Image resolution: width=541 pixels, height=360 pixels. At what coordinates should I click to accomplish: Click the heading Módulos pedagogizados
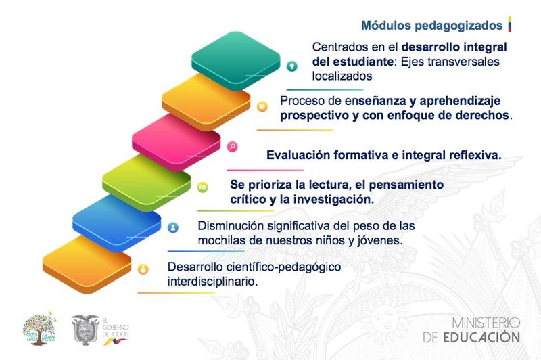(431, 26)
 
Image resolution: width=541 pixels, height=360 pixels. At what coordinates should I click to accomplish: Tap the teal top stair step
(236, 61)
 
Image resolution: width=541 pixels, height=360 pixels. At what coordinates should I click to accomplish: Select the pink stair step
(176, 142)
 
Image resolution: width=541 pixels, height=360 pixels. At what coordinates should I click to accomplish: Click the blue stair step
(116, 223)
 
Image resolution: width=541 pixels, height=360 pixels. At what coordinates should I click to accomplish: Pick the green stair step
(146, 183)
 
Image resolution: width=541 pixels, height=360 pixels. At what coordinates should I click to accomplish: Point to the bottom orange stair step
(87, 264)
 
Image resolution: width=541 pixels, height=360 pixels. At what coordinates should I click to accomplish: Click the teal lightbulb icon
(292, 66)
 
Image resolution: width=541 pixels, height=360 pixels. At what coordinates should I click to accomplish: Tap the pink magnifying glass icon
(233, 146)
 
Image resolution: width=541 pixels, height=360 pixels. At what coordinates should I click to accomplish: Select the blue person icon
(173, 227)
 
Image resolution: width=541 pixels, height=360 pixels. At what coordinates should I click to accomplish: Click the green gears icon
(202, 187)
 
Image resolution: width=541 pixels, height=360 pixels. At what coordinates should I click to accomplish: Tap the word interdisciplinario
(212, 282)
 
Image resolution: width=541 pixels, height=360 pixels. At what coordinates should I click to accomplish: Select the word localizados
(342, 76)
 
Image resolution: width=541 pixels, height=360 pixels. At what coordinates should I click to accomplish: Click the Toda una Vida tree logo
(39, 329)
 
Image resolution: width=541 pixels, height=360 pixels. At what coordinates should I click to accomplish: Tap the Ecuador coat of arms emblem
(85, 330)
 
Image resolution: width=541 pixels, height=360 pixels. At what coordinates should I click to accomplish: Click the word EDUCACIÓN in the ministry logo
(481, 337)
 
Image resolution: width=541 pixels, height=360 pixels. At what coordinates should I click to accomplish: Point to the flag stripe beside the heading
(509, 24)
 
